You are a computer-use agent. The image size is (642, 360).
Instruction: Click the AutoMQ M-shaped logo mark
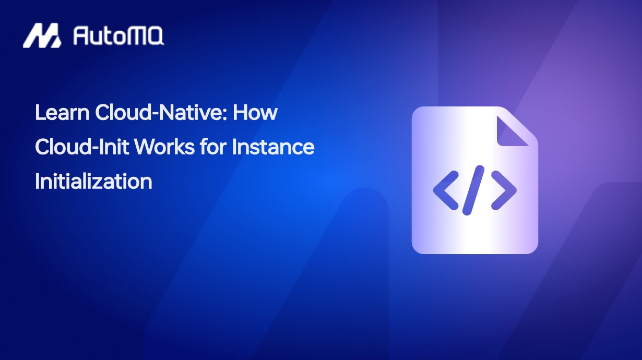point(42,35)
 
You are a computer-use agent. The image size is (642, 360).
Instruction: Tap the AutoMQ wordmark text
point(118,36)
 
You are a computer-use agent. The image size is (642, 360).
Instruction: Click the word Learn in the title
point(62,112)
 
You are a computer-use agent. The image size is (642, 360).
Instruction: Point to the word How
point(255,112)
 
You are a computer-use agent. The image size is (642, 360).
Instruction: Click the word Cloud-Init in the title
point(81,147)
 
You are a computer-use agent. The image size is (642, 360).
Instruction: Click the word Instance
point(273,147)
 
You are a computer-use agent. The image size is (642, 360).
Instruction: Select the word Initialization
point(93,181)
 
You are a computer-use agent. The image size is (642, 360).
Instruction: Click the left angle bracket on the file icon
point(446,190)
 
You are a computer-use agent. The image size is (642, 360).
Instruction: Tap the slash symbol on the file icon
point(473,190)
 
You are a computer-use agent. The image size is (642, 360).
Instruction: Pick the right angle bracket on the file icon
point(504,190)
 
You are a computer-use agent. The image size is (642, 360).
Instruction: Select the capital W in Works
point(147,147)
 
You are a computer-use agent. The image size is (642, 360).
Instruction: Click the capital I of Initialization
point(37,181)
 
